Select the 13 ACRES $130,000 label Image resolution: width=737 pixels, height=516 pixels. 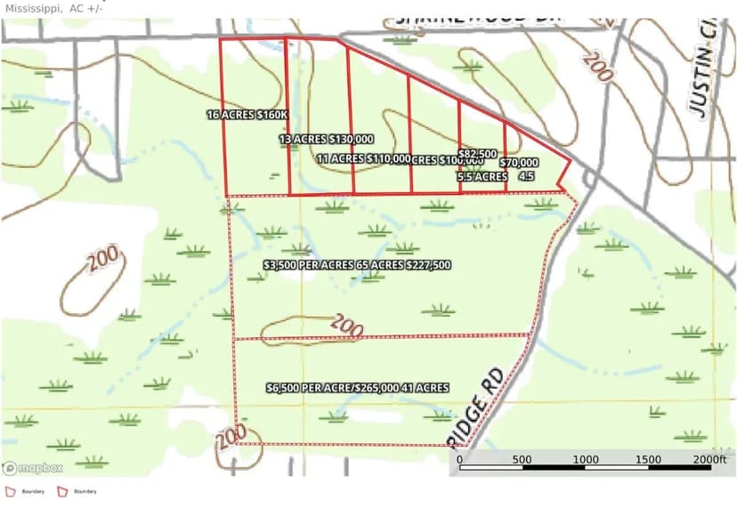click(326, 140)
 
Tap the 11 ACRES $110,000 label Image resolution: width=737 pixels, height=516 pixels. click(363, 159)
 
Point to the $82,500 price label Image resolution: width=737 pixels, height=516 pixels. click(478, 154)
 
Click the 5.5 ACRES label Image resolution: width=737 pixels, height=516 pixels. click(482, 177)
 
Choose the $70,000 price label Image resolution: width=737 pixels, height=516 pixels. click(519, 163)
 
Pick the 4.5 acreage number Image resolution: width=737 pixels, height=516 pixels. click(526, 177)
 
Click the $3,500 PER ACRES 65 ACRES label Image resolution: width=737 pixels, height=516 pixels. click(357, 265)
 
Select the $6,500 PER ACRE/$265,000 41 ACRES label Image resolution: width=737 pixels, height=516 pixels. click(357, 388)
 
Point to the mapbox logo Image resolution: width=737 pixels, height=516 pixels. click(33, 468)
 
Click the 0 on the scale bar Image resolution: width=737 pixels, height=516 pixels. click(459, 460)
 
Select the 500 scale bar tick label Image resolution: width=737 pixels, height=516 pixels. click(522, 460)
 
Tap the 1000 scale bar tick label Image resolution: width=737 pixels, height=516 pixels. click(585, 460)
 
